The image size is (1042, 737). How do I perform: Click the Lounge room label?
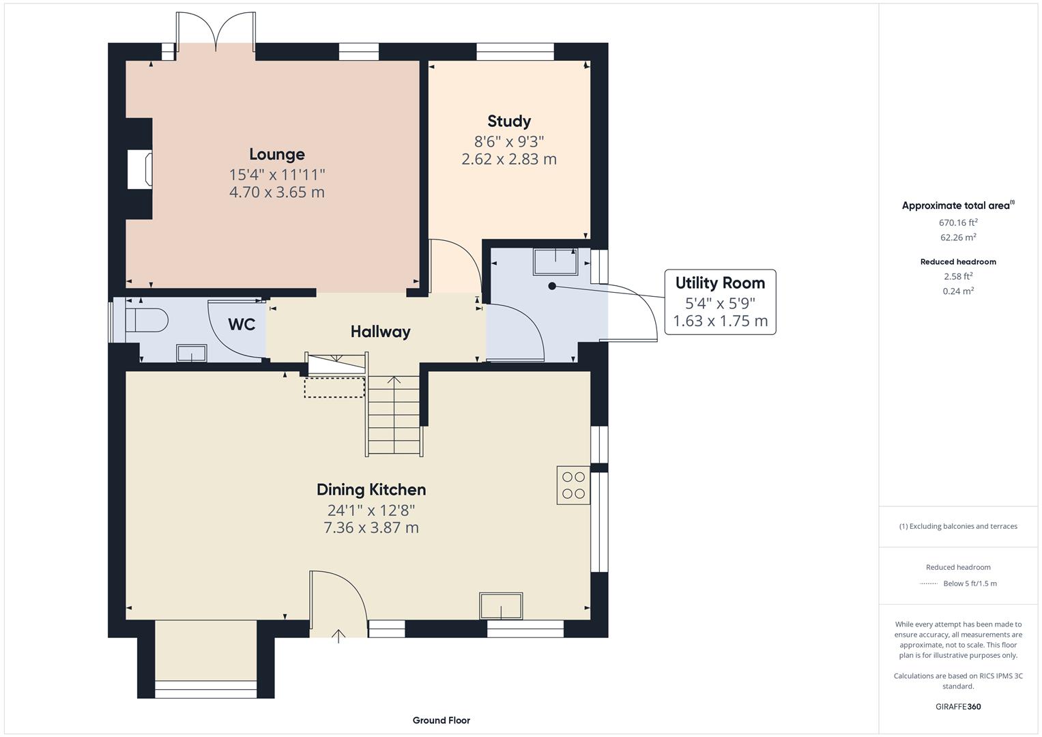(276, 154)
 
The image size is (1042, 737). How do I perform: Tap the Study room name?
(508, 121)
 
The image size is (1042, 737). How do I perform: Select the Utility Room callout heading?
(720, 283)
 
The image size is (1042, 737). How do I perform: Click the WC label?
(242, 324)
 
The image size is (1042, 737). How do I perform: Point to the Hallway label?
(380, 332)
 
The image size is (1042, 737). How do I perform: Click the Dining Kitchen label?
(371, 489)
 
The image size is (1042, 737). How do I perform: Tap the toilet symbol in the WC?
(147, 320)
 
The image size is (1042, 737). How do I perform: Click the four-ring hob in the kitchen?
(573, 485)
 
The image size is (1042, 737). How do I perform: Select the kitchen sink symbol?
(501, 605)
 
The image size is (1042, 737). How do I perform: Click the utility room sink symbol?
(555, 261)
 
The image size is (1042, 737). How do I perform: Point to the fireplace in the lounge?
(139, 169)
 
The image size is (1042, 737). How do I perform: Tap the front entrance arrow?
(338, 636)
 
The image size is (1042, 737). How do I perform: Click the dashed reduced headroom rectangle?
(334, 387)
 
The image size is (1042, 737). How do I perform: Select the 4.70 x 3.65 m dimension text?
(276, 192)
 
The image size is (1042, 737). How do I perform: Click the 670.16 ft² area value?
(958, 222)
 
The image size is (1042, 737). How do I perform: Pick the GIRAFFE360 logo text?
(958, 706)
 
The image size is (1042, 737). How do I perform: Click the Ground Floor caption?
(441, 720)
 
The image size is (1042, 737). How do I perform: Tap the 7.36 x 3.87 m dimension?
(371, 528)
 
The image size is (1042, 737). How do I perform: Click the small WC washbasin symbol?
(191, 353)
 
